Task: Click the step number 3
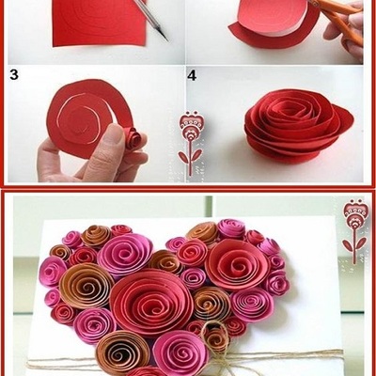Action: (x=14, y=75)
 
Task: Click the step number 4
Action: (x=192, y=75)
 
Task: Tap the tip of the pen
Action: (x=166, y=39)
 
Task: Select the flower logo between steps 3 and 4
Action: (x=190, y=143)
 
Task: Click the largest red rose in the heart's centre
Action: (x=151, y=302)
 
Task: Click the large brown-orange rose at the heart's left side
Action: (x=86, y=287)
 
